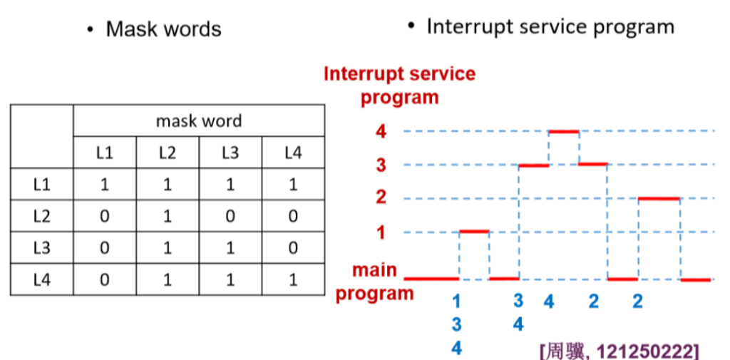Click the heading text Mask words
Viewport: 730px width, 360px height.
(x=163, y=29)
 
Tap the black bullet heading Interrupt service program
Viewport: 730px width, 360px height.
(x=550, y=27)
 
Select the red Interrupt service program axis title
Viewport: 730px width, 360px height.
(x=399, y=86)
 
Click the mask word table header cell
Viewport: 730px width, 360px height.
(x=199, y=120)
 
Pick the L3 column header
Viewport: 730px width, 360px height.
(x=230, y=153)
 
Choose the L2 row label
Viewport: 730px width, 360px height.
(x=42, y=216)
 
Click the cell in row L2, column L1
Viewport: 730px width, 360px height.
(x=105, y=216)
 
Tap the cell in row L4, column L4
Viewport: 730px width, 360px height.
(x=293, y=279)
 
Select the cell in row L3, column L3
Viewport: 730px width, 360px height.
(x=230, y=248)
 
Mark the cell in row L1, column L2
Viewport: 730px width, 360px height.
(x=168, y=185)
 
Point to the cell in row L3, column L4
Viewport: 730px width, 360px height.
(x=293, y=248)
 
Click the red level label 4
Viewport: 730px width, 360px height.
(x=381, y=132)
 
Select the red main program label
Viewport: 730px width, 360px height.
(x=375, y=282)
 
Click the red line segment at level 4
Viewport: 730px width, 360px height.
(x=564, y=131)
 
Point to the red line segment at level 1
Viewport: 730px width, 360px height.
(x=474, y=231)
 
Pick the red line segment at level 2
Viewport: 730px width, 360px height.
(x=659, y=198)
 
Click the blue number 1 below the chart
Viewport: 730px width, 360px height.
(x=457, y=302)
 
